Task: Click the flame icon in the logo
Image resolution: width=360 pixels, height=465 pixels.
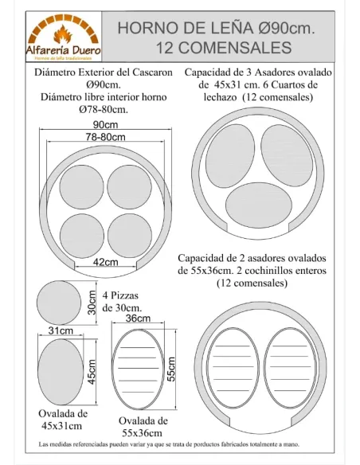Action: coord(61,33)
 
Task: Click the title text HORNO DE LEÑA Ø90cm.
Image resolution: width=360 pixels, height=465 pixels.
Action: coord(215,29)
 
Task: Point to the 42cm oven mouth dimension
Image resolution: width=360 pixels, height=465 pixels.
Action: coord(105,262)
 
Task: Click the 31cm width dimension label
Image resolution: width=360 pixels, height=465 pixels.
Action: coord(61,330)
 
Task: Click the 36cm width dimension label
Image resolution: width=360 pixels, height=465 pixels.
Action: coord(139,318)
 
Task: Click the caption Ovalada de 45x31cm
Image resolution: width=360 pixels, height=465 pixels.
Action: coord(63,419)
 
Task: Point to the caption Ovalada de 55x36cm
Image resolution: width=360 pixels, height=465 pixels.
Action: coord(143,425)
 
